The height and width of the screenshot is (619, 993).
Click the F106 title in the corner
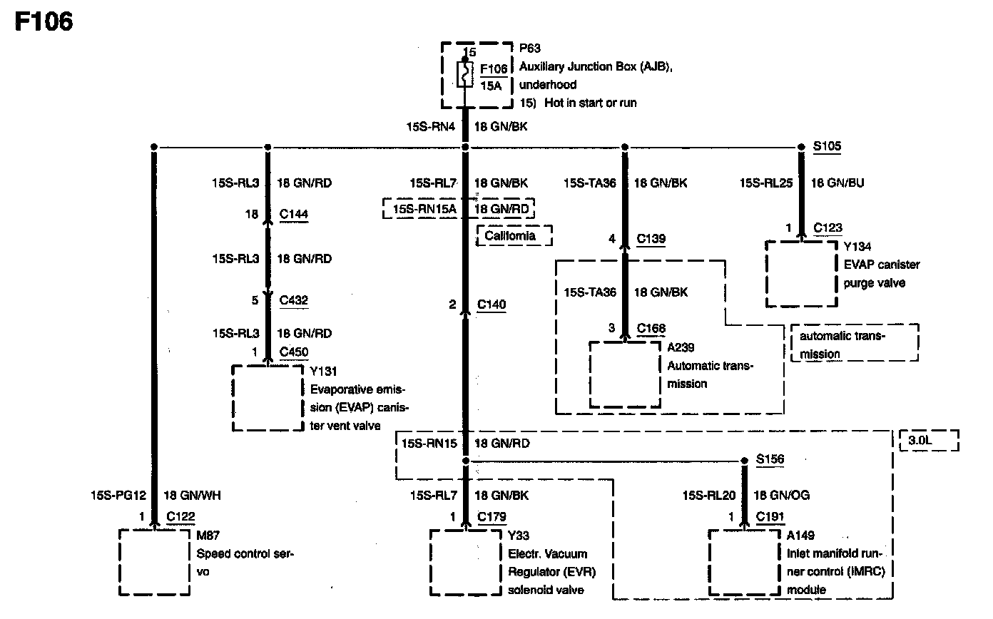click(x=44, y=22)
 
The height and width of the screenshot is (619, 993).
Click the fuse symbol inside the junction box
click(x=465, y=74)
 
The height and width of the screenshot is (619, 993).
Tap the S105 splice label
click(x=827, y=147)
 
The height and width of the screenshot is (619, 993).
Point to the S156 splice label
click(x=770, y=460)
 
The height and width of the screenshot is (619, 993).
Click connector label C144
click(x=294, y=214)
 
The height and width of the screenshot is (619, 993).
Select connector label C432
click(x=294, y=300)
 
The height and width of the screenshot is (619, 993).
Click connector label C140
click(x=492, y=305)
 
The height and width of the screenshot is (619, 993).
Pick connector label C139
click(x=651, y=239)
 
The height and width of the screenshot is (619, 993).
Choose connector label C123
click(x=828, y=228)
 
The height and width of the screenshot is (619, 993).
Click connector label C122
click(x=180, y=516)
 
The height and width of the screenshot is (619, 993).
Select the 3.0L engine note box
click(x=929, y=441)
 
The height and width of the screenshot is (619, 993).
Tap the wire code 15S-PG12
click(x=118, y=495)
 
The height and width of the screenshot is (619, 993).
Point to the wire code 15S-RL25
click(x=767, y=183)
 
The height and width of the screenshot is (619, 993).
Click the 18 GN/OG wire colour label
click(x=781, y=495)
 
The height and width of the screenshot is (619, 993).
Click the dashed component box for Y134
click(x=801, y=274)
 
